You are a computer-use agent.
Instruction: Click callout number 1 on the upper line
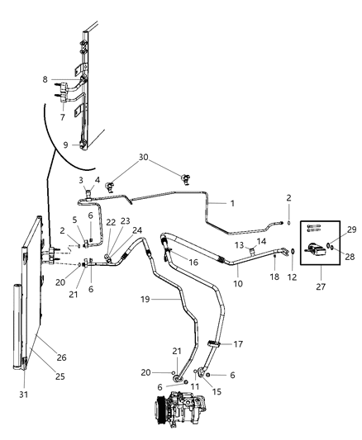coord(234,203)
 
